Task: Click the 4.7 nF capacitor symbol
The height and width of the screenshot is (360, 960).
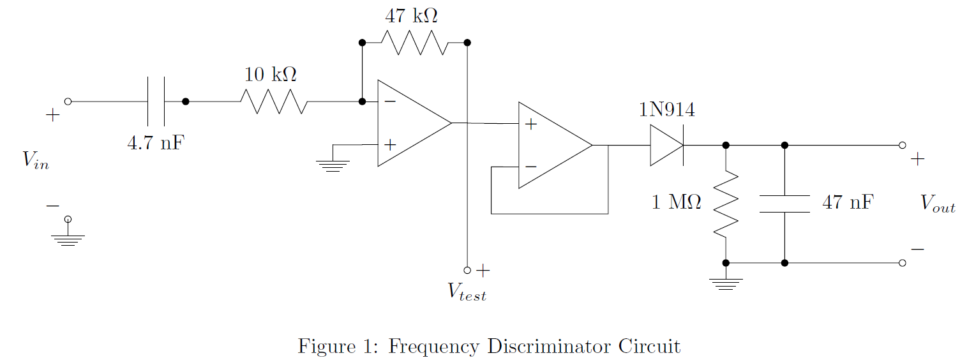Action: click(156, 101)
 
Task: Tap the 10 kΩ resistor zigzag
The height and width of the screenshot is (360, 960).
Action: click(274, 101)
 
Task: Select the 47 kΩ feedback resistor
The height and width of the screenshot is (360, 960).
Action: click(415, 43)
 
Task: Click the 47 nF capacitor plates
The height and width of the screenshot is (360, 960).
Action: click(784, 204)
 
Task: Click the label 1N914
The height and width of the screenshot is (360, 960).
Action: click(667, 110)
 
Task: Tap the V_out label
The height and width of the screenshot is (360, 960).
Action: click(937, 204)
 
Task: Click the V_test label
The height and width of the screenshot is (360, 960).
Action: click(467, 292)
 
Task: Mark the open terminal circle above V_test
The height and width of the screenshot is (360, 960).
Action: click(467, 270)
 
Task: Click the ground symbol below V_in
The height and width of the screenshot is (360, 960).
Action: click(68, 239)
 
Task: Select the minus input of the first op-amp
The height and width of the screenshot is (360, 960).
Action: click(389, 101)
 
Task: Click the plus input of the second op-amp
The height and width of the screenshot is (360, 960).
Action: click(530, 124)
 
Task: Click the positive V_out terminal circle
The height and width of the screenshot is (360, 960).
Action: click(902, 146)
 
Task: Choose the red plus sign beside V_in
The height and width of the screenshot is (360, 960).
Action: click(53, 116)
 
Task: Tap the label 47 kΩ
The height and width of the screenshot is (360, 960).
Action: click(411, 15)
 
